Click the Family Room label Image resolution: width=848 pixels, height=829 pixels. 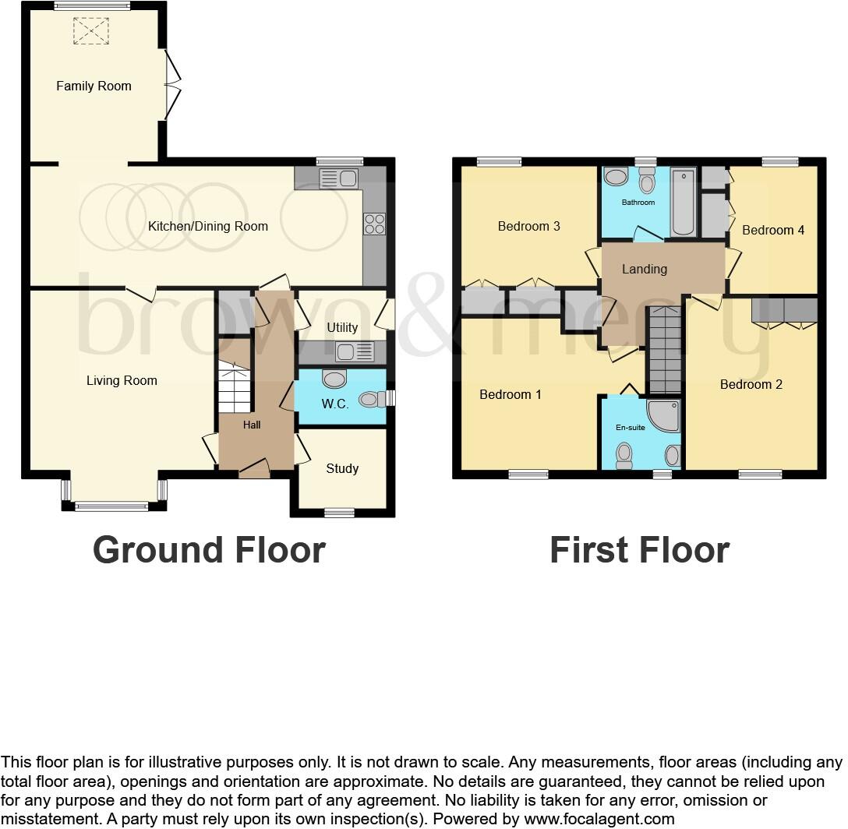[94, 86]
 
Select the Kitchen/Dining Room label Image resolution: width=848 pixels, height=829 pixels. [208, 227]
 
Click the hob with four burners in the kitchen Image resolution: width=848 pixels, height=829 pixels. [374, 224]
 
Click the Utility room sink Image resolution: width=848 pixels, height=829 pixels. [355, 352]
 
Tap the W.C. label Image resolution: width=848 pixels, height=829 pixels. [335, 404]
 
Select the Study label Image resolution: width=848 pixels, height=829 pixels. [342, 468]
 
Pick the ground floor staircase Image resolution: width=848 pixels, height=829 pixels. [235, 387]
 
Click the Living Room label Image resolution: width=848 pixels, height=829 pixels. [122, 381]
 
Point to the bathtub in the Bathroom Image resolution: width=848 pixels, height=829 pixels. [684, 202]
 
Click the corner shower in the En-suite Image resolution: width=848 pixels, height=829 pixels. [664, 416]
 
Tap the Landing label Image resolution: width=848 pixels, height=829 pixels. [644, 269]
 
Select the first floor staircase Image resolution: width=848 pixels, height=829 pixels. [665, 350]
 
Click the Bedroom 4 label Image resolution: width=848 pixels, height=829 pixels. [773, 231]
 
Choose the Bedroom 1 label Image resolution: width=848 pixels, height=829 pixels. [510, 395]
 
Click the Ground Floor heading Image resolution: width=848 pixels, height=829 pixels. [209, 550]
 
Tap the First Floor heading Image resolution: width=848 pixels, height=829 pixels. [639, 550]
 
